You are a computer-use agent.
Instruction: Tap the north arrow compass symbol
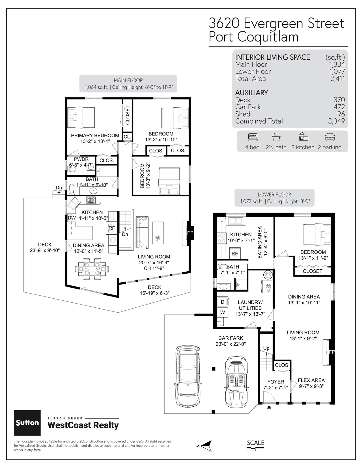(206, 446)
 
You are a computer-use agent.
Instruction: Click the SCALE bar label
(255, 443)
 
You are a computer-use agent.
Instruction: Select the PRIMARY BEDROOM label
(95, 135)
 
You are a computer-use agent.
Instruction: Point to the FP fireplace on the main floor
(190, 233)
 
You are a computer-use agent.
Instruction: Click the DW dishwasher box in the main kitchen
(72, 218)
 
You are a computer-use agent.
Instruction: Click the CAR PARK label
(230, 338)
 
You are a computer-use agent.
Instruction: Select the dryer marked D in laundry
(222, 302)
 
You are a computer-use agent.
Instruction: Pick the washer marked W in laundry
(222, 312)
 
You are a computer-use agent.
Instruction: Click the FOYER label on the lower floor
(275, 382)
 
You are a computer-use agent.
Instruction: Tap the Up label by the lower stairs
(266, 348)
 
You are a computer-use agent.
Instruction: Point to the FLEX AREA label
(311, 380)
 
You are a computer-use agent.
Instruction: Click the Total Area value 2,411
(338, 79)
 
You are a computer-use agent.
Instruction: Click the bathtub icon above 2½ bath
(276, 137)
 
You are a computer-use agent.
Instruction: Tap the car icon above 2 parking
(330, 137)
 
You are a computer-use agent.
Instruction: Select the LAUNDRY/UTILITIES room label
(250, 305)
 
